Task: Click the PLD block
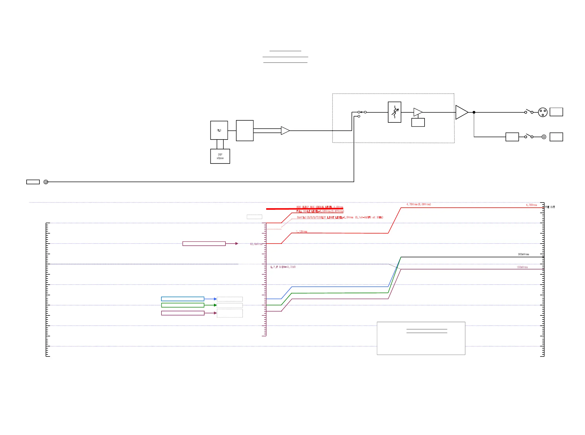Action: pyautogui.click(x=219, y=130)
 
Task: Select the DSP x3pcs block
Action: pyautogui.click(x=220, y=156)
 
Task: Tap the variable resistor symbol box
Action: pyautogui.click(x=394, y=112)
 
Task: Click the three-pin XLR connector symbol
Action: pyautogui.click(x=542, y=112)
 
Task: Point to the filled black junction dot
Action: pyautogui.click(x=474, y=112)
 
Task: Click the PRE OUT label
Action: pyautogui.click(x=549, y=207)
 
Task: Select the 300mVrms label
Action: pyautogui.click(x=523, y=254)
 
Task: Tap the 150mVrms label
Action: pyautogui.click(x=522, y=267)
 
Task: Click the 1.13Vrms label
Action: pyautogui.click(x=301, y=231)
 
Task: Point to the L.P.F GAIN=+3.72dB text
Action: pyautogui.click(x=283, y=267)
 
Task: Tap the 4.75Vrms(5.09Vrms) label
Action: pyautogui.click(x=418, y=204)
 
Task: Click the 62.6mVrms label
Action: pyautogui.click(x=256, y=244)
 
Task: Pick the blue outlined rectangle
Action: pyautogui.click(x=182, y=299)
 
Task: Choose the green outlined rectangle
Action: pyautogui.click(x=182, y=305)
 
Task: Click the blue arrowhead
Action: pyautogui.click(x=215, y=299)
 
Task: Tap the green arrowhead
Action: pyautogui.click(x=215, y=305)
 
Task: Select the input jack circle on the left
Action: pyautogui.click(x=46, y=182)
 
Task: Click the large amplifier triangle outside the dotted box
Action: pyautogui.click(x=461, y=112)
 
